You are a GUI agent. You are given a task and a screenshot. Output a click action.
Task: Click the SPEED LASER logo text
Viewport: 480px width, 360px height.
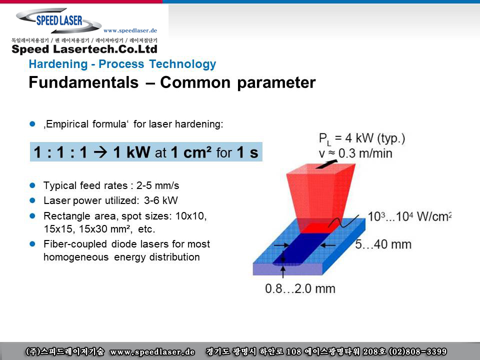pos(59,20)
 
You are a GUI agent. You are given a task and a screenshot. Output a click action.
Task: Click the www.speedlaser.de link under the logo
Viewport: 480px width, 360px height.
pos(130,30)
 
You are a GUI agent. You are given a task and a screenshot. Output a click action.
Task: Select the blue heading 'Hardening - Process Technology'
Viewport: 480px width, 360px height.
pos(122,64)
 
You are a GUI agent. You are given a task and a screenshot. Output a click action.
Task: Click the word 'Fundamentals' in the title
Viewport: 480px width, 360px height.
pos(83,82)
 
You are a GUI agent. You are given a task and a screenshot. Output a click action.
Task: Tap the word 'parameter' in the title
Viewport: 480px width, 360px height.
pos(276,83)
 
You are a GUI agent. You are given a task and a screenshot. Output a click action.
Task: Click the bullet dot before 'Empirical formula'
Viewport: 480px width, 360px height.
pos(32,124)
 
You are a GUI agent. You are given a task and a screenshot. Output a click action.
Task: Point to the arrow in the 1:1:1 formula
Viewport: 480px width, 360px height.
pos(100,152)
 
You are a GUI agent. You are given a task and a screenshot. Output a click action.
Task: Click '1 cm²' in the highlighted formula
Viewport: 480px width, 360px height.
pos(191,152)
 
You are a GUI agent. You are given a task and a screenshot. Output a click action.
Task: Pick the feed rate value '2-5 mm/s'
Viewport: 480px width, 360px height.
pos(157,185)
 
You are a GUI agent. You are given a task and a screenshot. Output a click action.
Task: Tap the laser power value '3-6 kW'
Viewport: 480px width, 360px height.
pos(160,200)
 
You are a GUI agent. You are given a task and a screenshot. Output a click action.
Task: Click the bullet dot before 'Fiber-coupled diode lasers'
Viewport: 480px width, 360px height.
pos(32,244)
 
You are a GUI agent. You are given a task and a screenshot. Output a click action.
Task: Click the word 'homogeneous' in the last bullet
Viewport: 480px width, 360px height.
pos(76,257)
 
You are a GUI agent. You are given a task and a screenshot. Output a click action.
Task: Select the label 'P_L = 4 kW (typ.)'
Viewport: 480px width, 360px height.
pos(362,138)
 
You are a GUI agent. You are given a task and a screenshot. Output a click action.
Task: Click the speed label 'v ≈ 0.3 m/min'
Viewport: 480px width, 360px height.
pos(355,153)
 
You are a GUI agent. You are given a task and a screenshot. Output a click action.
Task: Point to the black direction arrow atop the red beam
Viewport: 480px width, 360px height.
pos(326,164)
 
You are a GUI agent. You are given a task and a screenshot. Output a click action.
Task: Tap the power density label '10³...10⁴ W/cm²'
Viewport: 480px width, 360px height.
pos(409,216)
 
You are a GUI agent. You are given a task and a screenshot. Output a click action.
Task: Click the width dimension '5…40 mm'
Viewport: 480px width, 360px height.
pos(383,244)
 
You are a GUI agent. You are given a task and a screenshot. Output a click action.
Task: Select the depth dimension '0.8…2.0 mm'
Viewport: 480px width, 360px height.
pos(300,288)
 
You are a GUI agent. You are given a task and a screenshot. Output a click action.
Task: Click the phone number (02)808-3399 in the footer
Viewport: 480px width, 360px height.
pos(417,351)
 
